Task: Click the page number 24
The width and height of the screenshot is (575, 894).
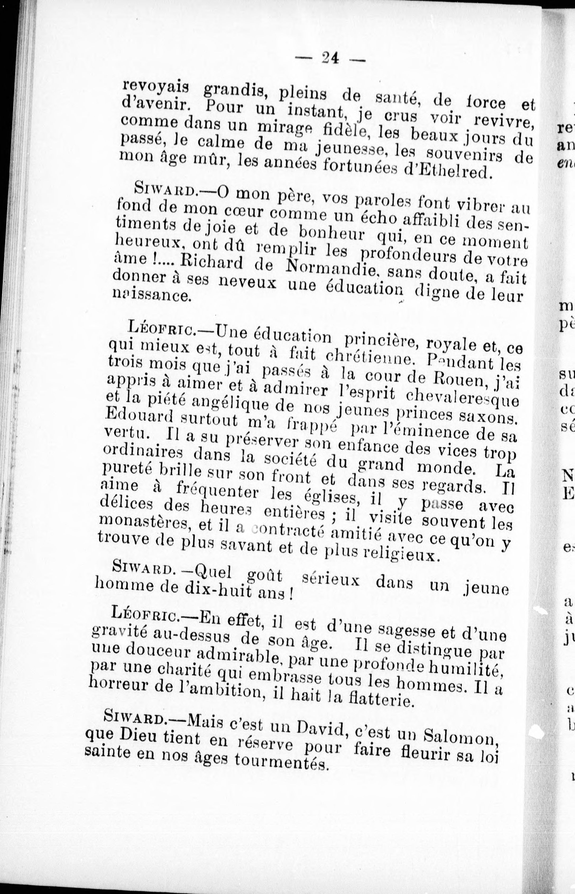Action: tap(329, 58)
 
